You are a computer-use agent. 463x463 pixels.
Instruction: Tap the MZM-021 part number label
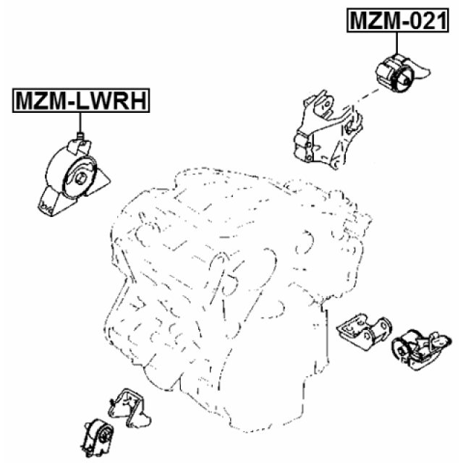pyautogui.click(x=395, y=21)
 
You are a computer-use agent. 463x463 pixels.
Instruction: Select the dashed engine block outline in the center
pyautogui.click(x=231, y=268)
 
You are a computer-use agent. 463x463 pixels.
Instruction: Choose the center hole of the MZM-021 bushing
pyautogui.click(x=406, y=76)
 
